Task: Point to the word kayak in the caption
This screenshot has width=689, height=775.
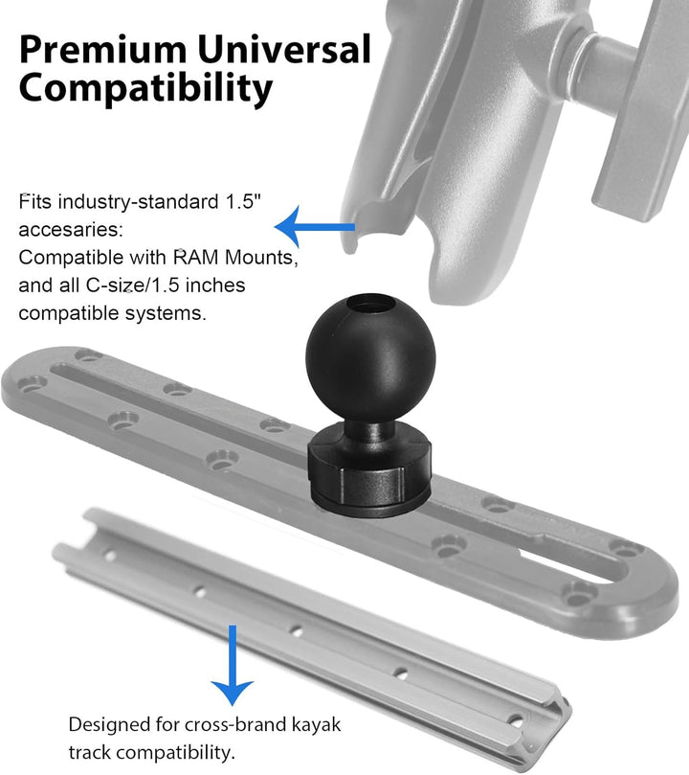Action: [313, 724]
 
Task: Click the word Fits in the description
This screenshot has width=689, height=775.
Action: [35, 203]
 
